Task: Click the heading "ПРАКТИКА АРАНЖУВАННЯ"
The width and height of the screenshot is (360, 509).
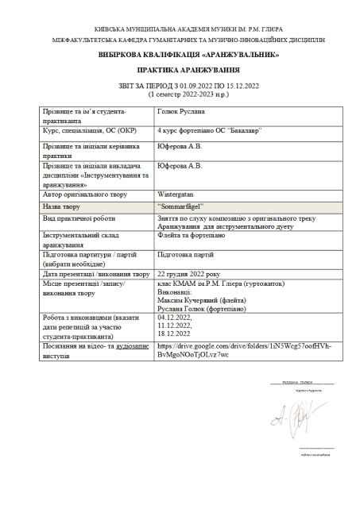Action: pos(180,71)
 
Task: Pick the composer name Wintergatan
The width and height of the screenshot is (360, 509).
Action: pos(178,193)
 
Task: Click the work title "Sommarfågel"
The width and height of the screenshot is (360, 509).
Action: pos(180,206)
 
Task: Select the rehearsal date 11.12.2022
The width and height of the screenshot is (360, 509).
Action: pos(175,325)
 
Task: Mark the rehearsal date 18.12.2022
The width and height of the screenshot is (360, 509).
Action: pos(175,333)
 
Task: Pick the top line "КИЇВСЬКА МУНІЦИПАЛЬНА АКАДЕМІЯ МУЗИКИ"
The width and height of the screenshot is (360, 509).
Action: pos(180,27)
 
